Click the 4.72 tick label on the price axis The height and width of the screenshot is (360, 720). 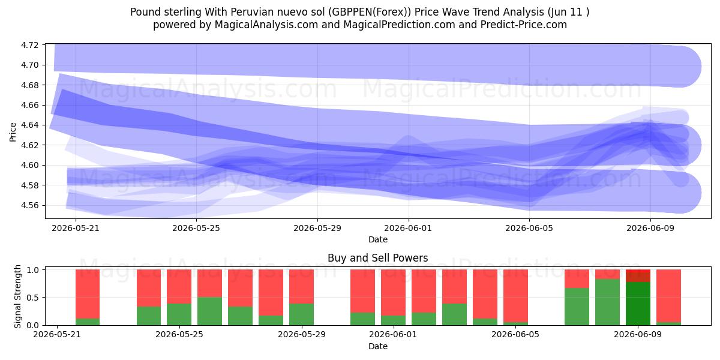coord(29,45)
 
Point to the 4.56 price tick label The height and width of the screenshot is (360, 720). coord(29,205)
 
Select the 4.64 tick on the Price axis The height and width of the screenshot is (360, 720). coord(29,125)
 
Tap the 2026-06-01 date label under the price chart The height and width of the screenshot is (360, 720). coord(408,228)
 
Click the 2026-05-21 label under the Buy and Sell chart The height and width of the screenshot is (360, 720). coord(57,335)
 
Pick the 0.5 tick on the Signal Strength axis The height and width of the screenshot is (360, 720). coord(32,298)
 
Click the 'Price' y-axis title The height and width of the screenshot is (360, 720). coord(13,132)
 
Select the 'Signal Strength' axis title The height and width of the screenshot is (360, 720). coord(17,296)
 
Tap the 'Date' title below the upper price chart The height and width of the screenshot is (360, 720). coord(378,239)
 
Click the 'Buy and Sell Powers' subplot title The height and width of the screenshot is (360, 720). coord(377,258)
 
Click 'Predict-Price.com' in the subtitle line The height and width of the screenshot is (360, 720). coord(524,25)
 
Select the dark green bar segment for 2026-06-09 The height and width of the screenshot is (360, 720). coord(638,304)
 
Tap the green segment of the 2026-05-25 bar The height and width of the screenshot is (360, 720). coord(179,314)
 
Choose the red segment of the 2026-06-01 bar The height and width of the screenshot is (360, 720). coord(393,293)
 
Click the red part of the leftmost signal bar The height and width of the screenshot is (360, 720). coord(88,294)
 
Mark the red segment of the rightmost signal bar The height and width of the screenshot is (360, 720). coord(668,296)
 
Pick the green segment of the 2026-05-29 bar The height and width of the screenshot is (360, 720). coord(301,314)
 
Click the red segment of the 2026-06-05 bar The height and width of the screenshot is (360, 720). coord(515,296)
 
